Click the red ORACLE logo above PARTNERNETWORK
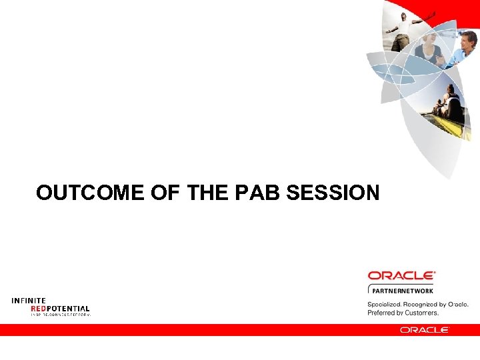click(401, 275)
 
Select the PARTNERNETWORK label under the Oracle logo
click(402, 290)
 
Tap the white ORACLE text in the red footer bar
click(425, 329)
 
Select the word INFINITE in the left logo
click(29, 301)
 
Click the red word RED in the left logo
click(38, 308)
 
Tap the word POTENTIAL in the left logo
click(68, 308)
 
